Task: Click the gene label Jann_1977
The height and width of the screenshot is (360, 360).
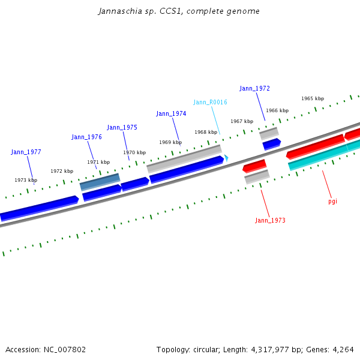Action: pyautogui.click(x=26, y=152)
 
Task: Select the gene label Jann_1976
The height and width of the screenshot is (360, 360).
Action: pyautogui.click(x=86, y=137)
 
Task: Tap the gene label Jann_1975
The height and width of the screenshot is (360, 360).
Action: pyautogui.click(x=122, y=127)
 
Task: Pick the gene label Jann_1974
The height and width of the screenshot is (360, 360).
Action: pyautogui.click(x=171, y=113)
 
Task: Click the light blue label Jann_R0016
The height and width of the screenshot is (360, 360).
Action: pyautogui.click(x=210, y=102)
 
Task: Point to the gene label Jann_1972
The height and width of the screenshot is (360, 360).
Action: pyautogui.click(x=254, y=88)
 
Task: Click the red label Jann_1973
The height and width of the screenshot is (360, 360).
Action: pyautogui.click(x=270, y=220)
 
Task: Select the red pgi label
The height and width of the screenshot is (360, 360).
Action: pyautogui.click(x=332, y=201)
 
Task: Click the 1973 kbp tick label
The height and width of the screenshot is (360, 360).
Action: pyautogui.click(x=26, y=180)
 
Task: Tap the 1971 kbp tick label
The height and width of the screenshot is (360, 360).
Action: pyautogui.click(x=98, y=162)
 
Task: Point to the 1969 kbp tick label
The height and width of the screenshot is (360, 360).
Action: pyautogui.click(x=170, y=142)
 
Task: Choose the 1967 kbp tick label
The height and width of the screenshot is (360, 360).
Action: pyautogui.click(x=242, y=121)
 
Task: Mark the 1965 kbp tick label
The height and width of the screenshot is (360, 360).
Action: pyautogui.click(x=313, y=98)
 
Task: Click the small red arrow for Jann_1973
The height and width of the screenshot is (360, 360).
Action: pyautogui.click(x=254, y=165)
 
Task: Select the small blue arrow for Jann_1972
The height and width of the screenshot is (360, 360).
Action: pyautogui.click(x=271, y=143)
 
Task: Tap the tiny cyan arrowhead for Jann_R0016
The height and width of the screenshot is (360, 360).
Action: pyautogui.click(x=226, y=157)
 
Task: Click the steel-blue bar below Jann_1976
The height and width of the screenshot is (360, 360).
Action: pyautogui.click(x=100, y=182)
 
